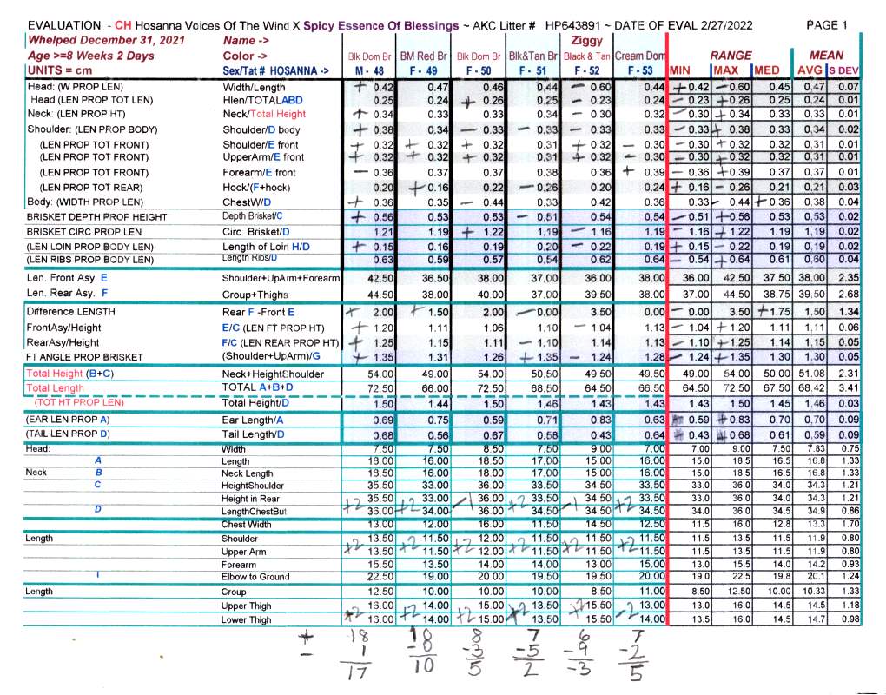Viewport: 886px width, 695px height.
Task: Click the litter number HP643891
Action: tap(576, 26)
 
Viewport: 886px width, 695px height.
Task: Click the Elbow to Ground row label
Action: tap(259, 576)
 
